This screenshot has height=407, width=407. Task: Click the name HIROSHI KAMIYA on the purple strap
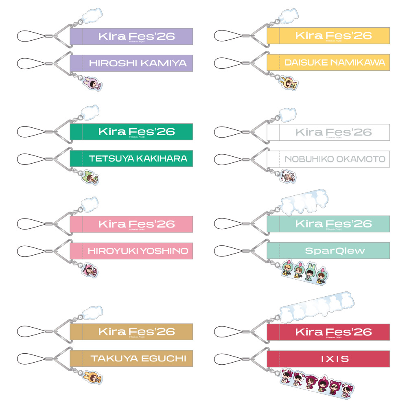click(138, 63)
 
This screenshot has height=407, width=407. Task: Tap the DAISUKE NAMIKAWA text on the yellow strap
click(335, 63)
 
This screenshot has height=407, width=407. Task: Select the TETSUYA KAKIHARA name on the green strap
click(138, 158)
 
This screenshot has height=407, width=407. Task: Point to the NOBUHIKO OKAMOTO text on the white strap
click(335, 158)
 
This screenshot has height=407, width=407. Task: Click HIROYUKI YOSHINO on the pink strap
click(138, 251)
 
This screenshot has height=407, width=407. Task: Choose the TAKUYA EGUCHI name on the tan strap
click(138, 359)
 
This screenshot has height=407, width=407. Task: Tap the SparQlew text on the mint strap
click(335, 251)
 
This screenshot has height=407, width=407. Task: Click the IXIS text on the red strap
click(335, 359)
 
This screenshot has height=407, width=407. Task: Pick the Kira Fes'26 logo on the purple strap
click(136, 36)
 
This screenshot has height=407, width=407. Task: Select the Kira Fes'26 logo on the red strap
click(334, 332)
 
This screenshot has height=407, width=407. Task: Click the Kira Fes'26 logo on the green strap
click(136, 131)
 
